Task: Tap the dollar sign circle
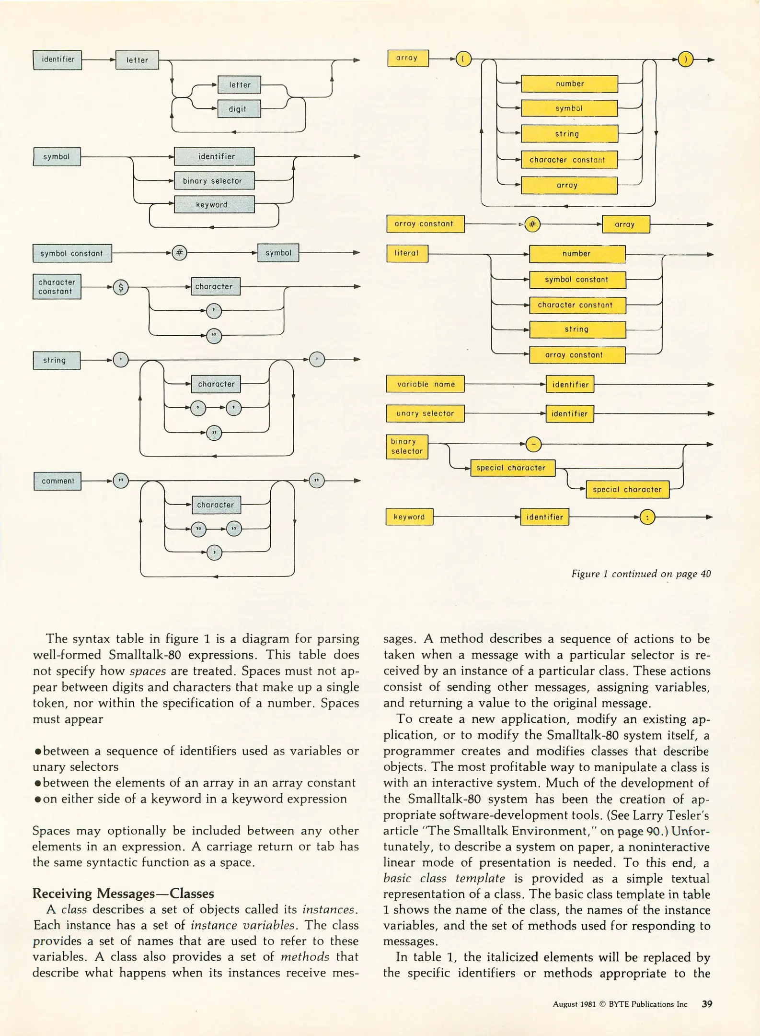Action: (x=121, y=287)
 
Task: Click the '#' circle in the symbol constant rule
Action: (x=180, y=253)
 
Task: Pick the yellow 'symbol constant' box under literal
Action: (x=577, y=280)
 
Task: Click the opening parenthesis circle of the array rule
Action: (x=463, y=60)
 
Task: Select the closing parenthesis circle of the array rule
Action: (x=686, y=60)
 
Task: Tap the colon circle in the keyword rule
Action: (x=647, y=518)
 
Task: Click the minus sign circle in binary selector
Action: (x=534, y=445)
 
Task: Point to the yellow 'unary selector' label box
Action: (x=425, y=413)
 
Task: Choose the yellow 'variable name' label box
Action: (x=425, y=384)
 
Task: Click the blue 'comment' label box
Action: (x=58, y=481)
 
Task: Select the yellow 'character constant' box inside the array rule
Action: (x=569, y=160)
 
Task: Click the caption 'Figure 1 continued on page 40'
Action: (x=641, y=574)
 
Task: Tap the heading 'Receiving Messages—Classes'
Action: (x=123, y=893)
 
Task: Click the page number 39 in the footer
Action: (x=707, y=1004)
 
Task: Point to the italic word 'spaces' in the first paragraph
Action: (x=148, y=671)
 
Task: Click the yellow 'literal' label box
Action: (x=407, y=253)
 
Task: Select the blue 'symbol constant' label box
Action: (x=72, y=253)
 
